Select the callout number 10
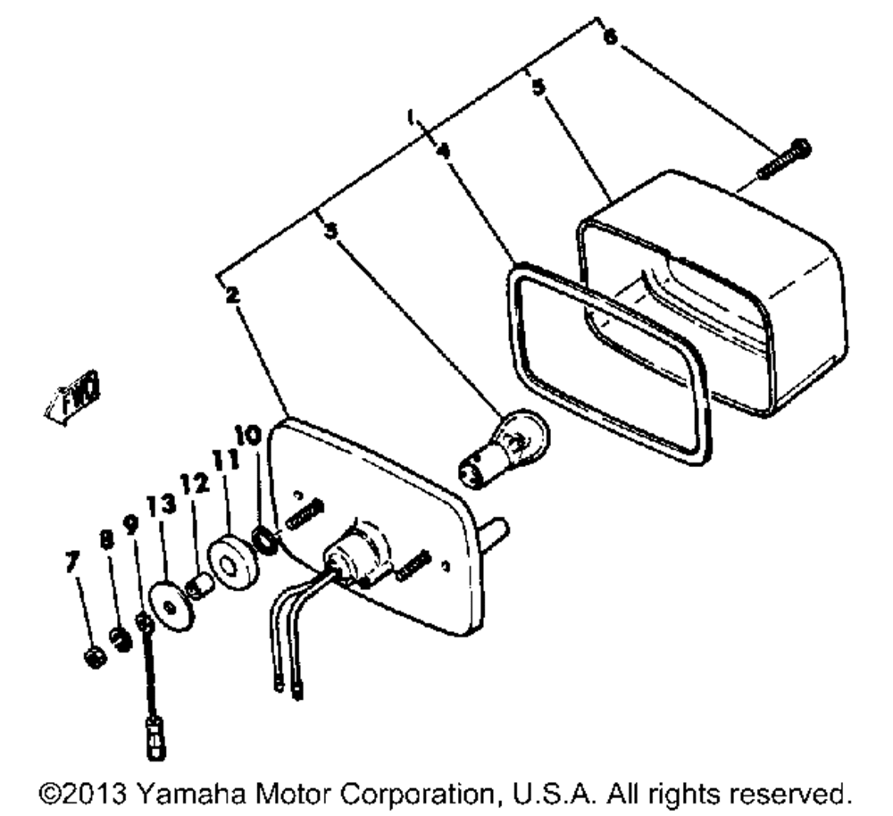[249, 436]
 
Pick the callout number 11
[219, 462]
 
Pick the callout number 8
[106, 539]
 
